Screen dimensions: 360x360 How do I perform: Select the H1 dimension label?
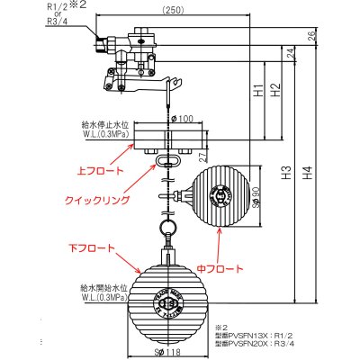(257, 91)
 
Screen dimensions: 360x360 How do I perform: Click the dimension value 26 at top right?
(310, 36)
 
